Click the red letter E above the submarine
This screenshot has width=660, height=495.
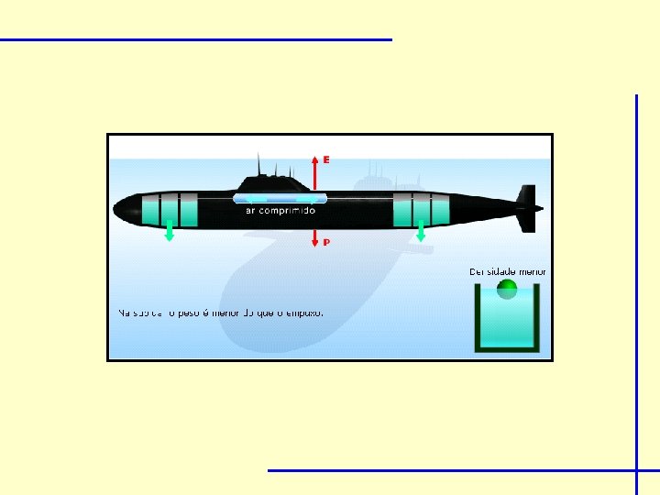point(326,159)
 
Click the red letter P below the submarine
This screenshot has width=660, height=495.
point(326,243)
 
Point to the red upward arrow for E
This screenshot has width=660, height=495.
point(315,171)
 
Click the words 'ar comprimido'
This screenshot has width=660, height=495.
point(280,210)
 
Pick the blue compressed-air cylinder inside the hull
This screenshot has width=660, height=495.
point(280,198)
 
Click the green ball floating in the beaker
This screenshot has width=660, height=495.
point(507,291)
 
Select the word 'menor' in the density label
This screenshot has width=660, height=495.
point(532,271)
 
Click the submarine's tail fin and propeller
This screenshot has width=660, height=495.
point(528,209)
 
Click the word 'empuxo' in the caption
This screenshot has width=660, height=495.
point(303,313)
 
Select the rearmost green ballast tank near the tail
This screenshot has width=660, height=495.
point(442,211)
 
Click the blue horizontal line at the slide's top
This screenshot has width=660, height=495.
point(195,39)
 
